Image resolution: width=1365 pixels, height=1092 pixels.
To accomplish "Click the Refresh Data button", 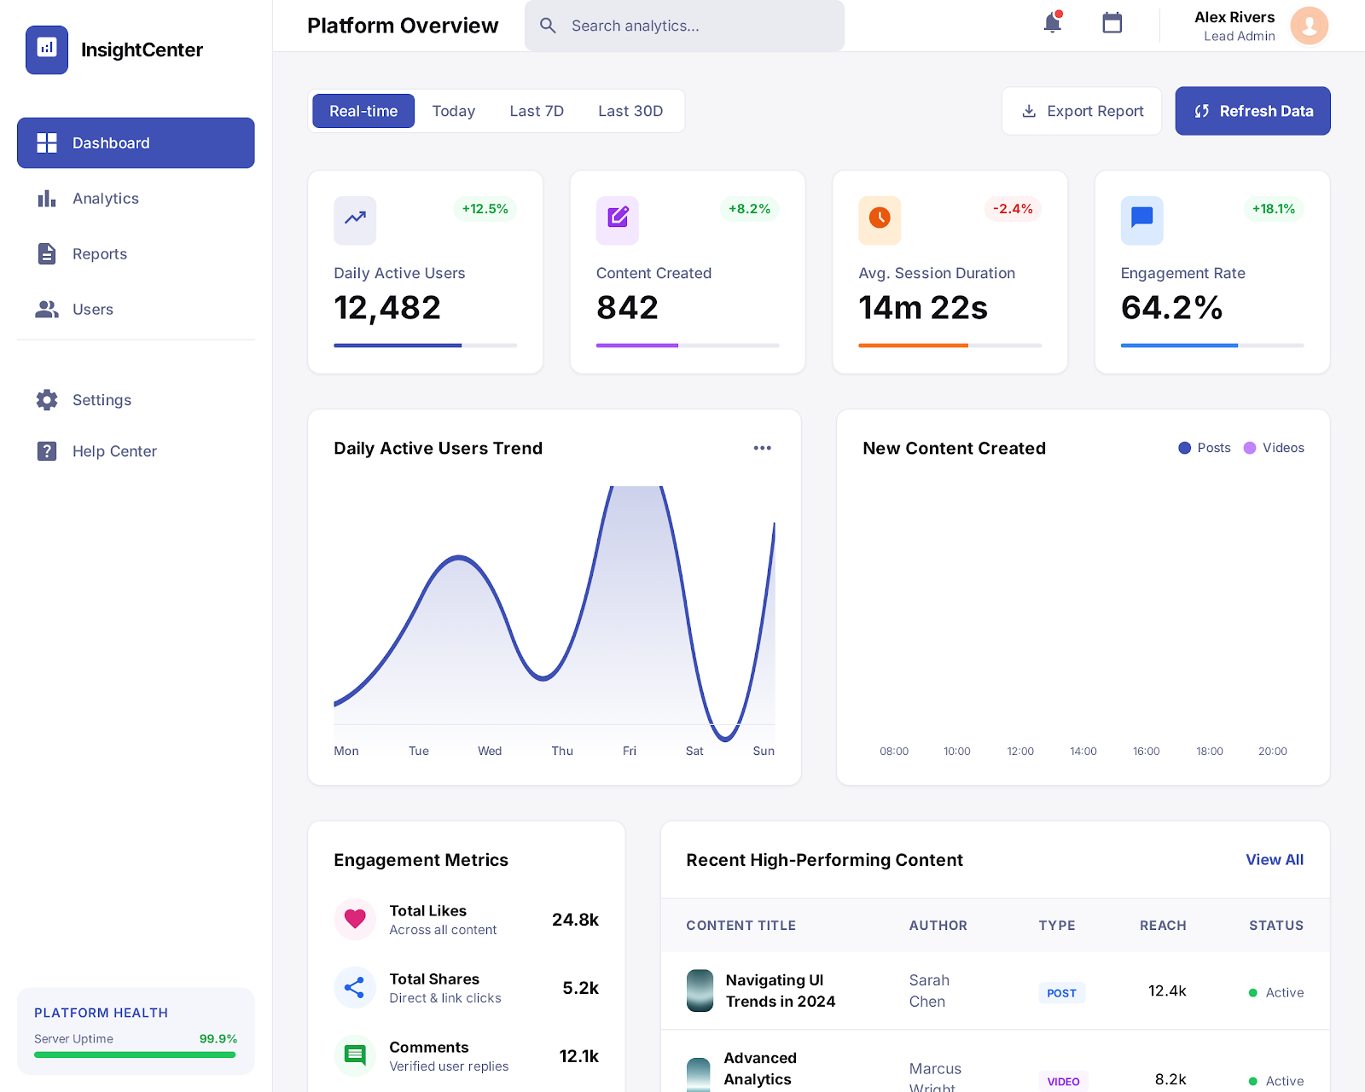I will tap(1252, 111).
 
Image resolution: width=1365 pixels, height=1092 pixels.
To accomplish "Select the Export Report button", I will tap(1082, 111).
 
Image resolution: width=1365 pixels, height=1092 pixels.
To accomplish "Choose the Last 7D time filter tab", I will tap(537, 111).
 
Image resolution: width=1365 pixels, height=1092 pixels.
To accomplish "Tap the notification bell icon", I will tap(1053, 23).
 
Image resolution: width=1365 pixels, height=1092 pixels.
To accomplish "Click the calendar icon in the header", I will tap(1112, 23).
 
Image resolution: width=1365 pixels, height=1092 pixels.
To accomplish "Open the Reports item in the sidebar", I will tap(100, 253).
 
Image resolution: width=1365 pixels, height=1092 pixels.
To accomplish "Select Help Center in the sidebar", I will tap(114, 451).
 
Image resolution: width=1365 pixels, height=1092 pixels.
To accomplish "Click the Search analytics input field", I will tap(691, 26).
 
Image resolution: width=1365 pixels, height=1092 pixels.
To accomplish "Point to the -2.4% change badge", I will tap(1013, 209).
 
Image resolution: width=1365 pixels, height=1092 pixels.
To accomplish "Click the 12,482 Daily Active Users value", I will tap(387, 308).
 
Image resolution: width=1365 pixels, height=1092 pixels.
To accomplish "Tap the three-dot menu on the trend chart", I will tap(762, 448).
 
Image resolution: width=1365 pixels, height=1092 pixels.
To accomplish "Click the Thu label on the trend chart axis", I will tap(562, 751).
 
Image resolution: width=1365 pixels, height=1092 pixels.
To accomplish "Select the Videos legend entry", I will tap(1275, 448).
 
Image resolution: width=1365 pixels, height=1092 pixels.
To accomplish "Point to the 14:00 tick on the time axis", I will tap(1083, 751).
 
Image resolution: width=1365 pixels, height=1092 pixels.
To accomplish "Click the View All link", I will tap(1275, 860).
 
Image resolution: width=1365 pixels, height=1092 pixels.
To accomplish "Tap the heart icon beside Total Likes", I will tap(355, 919).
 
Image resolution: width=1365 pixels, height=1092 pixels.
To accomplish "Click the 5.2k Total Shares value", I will tap(580, 988).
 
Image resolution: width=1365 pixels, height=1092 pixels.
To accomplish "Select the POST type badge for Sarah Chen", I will tap(1061, 993).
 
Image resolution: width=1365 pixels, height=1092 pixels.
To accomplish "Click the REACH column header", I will tap(1163, 926).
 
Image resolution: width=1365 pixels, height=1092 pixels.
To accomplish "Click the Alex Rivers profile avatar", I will tap(1310, 26).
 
